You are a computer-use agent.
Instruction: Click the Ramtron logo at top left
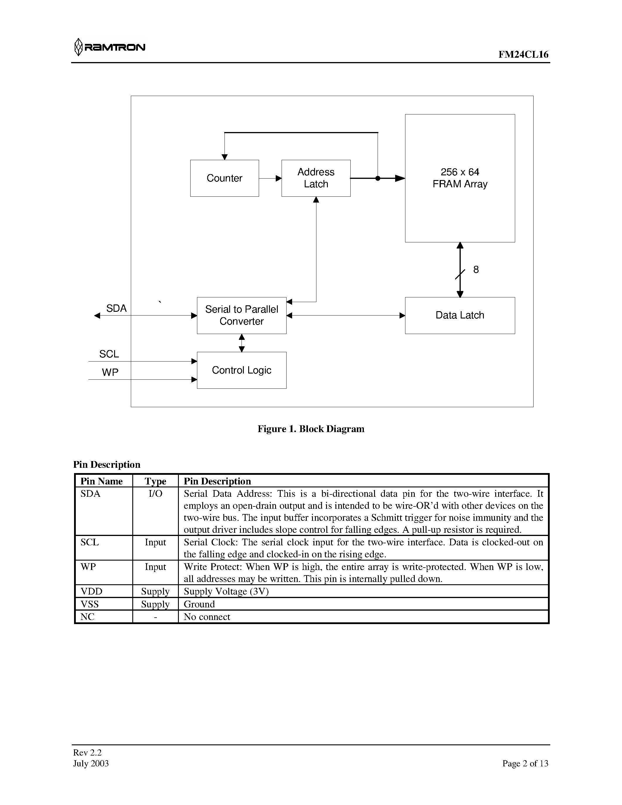pyautogui.click(x=109, y=47)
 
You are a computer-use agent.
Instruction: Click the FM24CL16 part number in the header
pyautogui.click(x=523, y=54)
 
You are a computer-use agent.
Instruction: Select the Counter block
pyautogui.click(x=225, y=178)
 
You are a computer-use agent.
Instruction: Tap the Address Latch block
pyautogui.click(x=316, y=178)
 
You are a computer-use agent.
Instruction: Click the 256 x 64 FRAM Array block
pyautogui.click(x=460, y=178)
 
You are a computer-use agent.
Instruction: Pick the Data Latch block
pyautogui.click(x=460, y=316)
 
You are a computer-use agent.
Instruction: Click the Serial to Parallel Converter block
pyautogui.click(x=241, y=316)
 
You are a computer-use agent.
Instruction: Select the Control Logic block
pyautogui.click(x=241, y=370)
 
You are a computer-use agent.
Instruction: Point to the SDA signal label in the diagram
pyautogui.click(x=116, y=309)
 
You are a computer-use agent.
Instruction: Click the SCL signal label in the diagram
pyautogui.click(x=109, y=354)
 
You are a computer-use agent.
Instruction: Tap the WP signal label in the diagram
pyautogui.click(x=110, y=372)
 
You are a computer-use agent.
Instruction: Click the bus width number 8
pyautogui.click(x=476, y=270)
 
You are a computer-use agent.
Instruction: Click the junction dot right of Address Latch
pyautogui.click(x=378, y=178)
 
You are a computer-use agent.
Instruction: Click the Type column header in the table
pyautogui.click(x=155, y=481)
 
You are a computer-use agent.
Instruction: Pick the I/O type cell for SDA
pyautogui.click(x=155, y=494)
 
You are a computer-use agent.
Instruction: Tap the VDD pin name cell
pyautogui.click(x=91, y=592)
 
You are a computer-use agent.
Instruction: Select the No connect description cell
pyautogui.click(x=207, y=617)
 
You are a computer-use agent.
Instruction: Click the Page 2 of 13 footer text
pyautogui.click(x=525, y=763)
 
